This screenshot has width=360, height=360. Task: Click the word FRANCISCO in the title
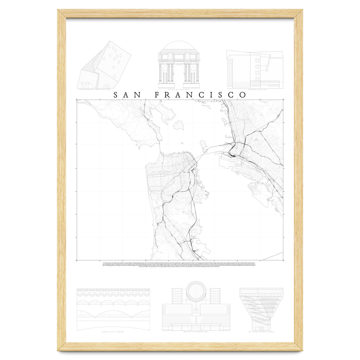click(200, 95)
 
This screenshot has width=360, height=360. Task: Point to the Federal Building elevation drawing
click(254, 70)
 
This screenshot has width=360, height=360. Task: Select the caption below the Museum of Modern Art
click(196, 333)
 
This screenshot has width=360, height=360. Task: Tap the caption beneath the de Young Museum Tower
click(261, 333)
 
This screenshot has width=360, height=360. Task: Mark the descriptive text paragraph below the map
click(180, 264)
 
